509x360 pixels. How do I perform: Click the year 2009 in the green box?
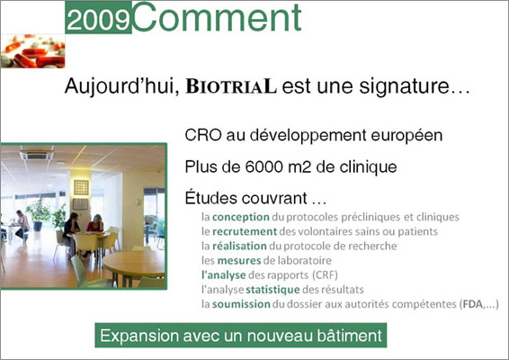point(98,20)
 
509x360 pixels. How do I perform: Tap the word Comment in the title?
point(217,17)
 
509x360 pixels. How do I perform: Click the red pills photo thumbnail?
point(32,51)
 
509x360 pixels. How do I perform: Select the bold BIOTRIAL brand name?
point(231,86)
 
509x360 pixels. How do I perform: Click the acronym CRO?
point(203,135)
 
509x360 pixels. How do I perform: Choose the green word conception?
point(240,217)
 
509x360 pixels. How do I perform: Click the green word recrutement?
point(245,231)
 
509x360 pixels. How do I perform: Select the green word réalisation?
point(239,246)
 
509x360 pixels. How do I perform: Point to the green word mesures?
point(239,261)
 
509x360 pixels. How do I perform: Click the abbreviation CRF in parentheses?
point(325,275)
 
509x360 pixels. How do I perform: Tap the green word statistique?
point(272,290)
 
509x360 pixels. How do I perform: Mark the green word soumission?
point(241,304)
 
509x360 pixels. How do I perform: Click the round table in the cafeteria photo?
point(134,263)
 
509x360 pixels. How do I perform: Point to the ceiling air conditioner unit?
point(36,154)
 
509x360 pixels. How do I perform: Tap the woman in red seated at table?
point(95,223)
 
